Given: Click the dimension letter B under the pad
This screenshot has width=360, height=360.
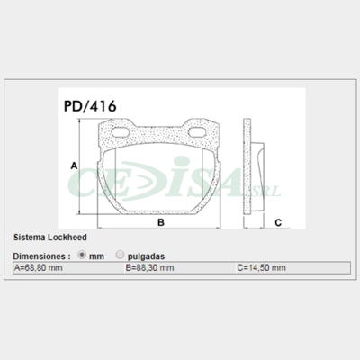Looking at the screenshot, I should pyautogui.click(x=159, y=221).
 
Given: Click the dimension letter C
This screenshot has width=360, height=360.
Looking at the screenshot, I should pyautogui.click(x=278, y=221).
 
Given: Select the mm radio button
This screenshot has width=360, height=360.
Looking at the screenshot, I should pyautogui.click(x=84, y=255).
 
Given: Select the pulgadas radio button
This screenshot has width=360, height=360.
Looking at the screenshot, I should pyautogui.click(x=121, y=255).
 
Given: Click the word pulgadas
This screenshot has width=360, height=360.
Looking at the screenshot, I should pyautogui.click(x=147, y=256).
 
